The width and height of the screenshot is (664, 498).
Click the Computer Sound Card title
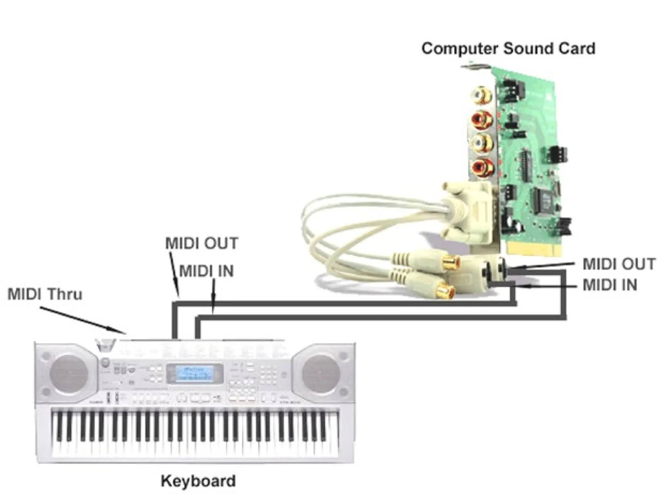(508, 49)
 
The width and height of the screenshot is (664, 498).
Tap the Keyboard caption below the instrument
(198, 481)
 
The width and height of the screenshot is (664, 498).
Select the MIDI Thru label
(45, 294)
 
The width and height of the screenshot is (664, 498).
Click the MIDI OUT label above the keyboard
(202, 243)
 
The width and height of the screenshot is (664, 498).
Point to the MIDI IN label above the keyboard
(206, 271)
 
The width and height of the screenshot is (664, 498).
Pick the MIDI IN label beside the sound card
(610, 285)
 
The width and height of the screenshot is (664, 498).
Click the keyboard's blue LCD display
(195, 374)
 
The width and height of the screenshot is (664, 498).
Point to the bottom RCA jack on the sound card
(481, 168)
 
